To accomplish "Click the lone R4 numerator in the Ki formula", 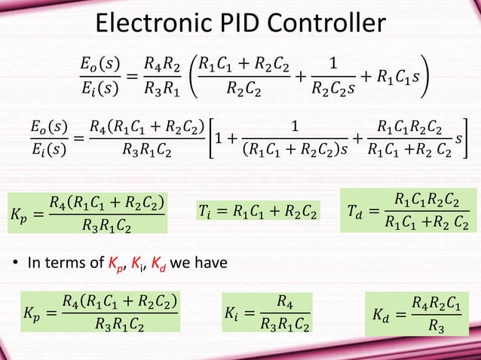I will (284, 301).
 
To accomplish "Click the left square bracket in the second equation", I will (213, 143).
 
